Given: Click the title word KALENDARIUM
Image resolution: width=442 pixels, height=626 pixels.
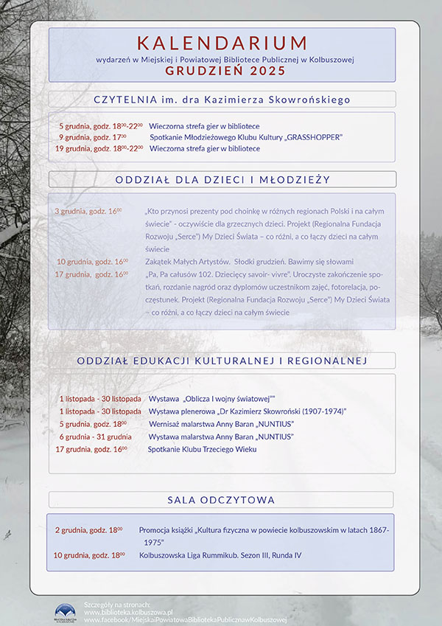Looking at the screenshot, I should [x=222, y=42].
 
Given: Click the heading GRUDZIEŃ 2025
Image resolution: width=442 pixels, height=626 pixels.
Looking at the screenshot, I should [x=222, y=72].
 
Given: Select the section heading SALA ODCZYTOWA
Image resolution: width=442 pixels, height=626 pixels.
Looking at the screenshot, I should [x=221, y=500].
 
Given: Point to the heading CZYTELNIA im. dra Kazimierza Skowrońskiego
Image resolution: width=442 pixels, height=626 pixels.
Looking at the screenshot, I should [x=222, y=100].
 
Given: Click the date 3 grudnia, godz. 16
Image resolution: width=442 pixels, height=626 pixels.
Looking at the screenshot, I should [x=88, y=211].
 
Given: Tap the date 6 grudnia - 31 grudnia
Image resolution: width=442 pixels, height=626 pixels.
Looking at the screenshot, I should [x=95, y=437].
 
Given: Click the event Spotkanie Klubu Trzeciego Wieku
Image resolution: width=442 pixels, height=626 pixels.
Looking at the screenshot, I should [x=202, y=449].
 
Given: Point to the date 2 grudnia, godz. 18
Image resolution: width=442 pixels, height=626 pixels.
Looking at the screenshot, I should [x=88, y=530].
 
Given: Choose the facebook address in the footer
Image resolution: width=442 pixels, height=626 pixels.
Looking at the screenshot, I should [x=184, y=621].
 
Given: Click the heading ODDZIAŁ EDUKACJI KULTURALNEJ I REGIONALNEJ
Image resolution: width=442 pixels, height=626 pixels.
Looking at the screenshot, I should [x=222, y=361].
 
